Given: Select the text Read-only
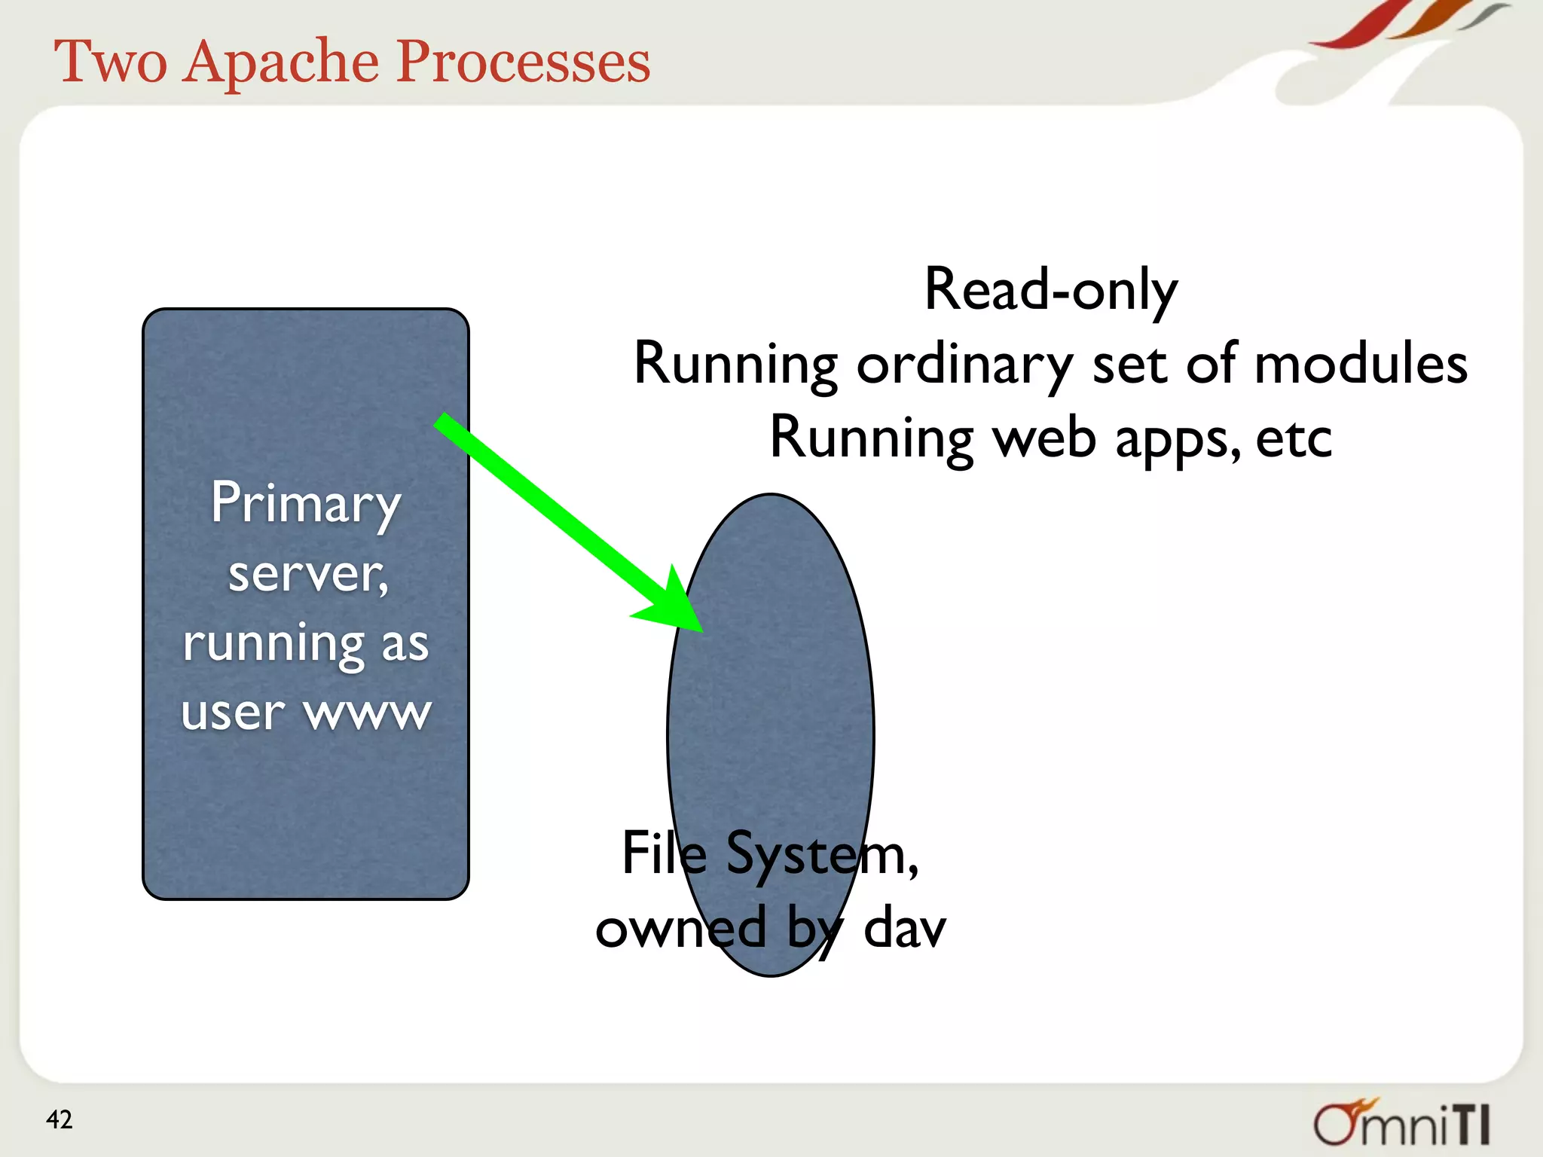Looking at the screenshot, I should click(x=1050, y=289).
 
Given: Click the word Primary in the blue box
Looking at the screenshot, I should click(x=305, y=504).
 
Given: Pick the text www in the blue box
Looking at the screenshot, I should click(x=368, y=713).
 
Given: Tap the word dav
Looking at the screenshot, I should click(x=903, y=927).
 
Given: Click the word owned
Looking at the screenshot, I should click(x=680, y=927).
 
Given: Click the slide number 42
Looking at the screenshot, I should click(x=59, y=1119).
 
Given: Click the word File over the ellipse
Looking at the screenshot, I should click(x=664, y=853).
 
